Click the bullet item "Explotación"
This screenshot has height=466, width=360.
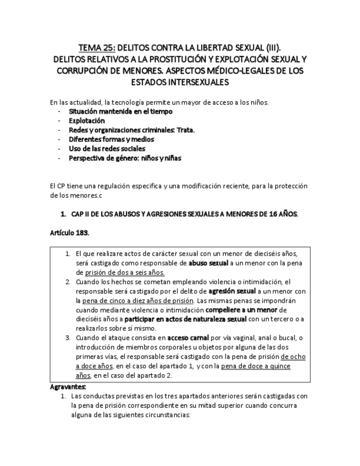(x=86, y=120)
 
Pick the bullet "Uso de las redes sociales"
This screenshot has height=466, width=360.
(x=107, y=148)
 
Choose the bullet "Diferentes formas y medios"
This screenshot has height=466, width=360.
(x=111, y=139)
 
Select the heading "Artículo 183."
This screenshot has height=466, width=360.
(x=69, y=232)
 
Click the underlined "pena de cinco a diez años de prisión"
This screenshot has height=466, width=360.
(x=135, y=301)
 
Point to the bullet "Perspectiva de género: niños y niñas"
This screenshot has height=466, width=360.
(x=125, y=158)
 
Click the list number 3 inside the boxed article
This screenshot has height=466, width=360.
(x=68, y=338)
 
